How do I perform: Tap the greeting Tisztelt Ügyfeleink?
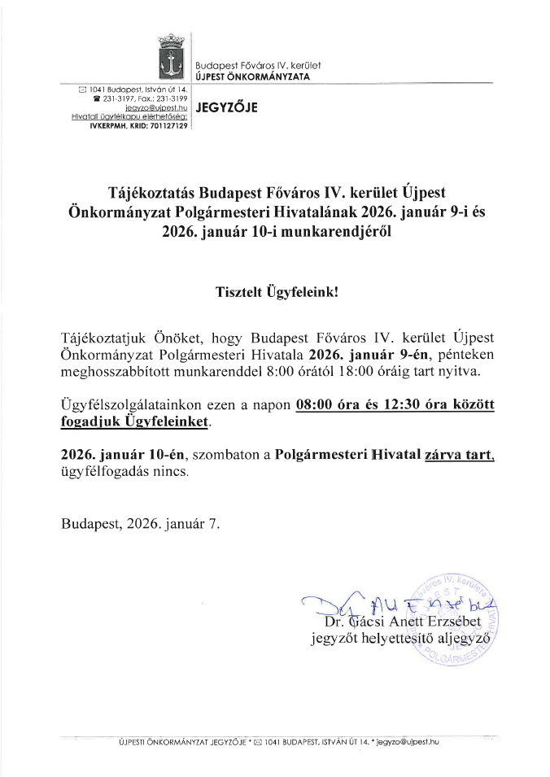click(276, 290)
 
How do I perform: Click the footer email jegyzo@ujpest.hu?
click(404, 742)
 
